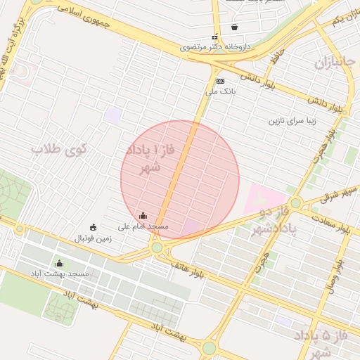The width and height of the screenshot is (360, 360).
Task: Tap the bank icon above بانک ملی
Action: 220,82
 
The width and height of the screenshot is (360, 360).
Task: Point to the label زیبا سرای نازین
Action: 293,120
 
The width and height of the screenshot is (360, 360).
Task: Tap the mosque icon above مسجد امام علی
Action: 143,216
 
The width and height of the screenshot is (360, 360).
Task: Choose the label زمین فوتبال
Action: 94,238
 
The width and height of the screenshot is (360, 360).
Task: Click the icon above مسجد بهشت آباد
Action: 58,264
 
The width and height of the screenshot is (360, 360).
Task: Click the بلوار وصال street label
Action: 333,278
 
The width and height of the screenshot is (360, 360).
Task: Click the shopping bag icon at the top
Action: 233,27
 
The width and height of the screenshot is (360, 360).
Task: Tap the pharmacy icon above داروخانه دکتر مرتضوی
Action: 215,37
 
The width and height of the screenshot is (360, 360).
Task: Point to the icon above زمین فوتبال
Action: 94,227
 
